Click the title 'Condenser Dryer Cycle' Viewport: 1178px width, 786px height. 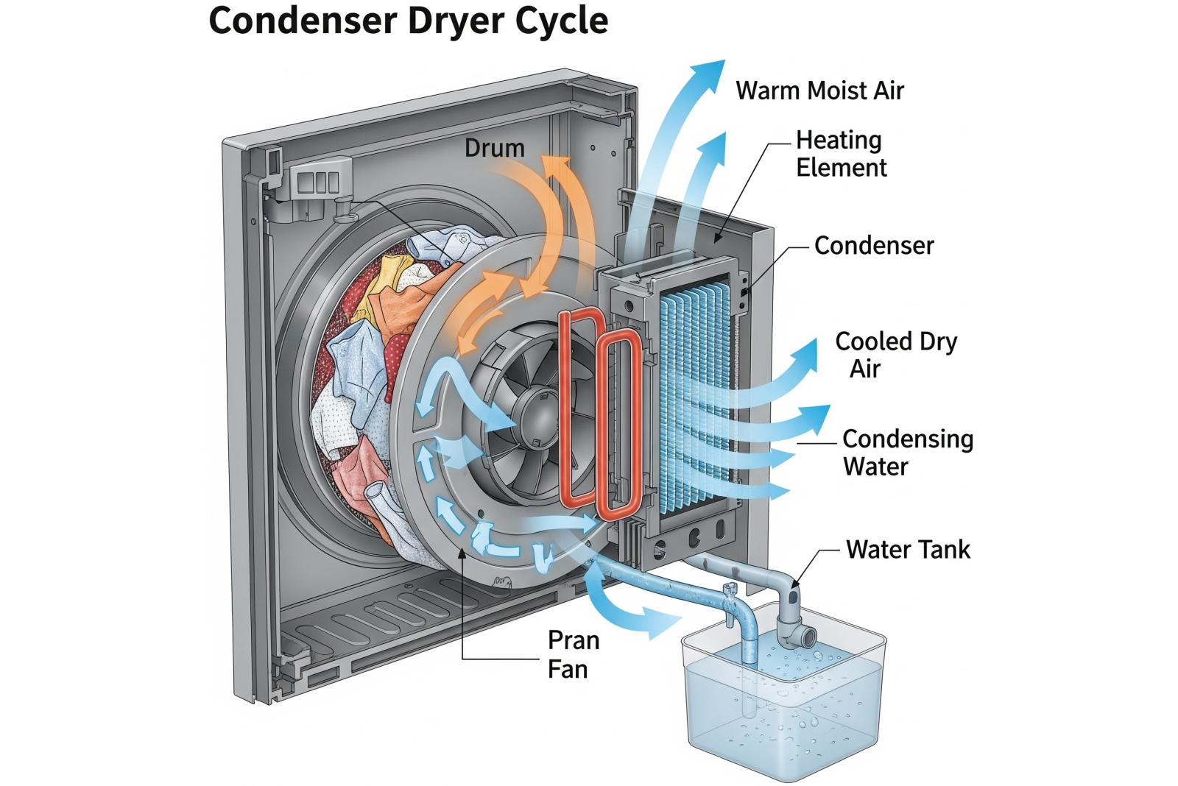[409, 21]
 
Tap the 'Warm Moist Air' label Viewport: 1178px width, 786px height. [819, 91]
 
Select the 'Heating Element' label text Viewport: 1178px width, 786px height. [841, 154]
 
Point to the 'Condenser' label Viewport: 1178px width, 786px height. [874, 246]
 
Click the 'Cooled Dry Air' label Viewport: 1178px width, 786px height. [895, 354]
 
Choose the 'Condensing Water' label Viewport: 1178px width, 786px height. [907, 452]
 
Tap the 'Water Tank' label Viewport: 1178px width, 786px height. [908, 550]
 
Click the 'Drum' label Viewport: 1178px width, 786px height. [494, 148]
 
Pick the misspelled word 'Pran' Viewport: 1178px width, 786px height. [574, 640]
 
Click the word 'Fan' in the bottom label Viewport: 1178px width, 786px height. [568, 669]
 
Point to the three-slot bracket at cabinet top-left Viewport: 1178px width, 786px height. [318, 181]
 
